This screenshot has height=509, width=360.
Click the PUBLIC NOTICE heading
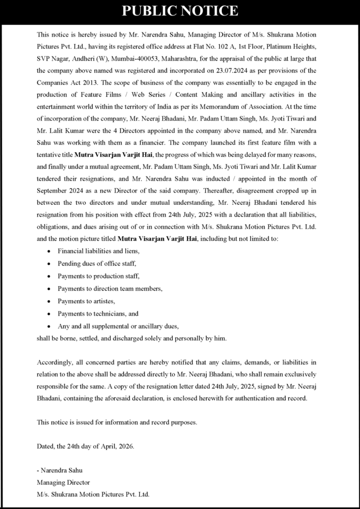coord(179,11)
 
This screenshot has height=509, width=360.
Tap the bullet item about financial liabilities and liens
coord(98,251)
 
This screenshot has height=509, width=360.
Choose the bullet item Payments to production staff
coord(98,276)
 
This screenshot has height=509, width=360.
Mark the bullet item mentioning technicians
coord(98,313)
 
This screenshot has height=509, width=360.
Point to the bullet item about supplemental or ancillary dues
coord(118,326)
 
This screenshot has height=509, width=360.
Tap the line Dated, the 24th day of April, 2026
coord(85,446)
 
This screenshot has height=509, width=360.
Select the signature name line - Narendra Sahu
coord(60,470)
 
